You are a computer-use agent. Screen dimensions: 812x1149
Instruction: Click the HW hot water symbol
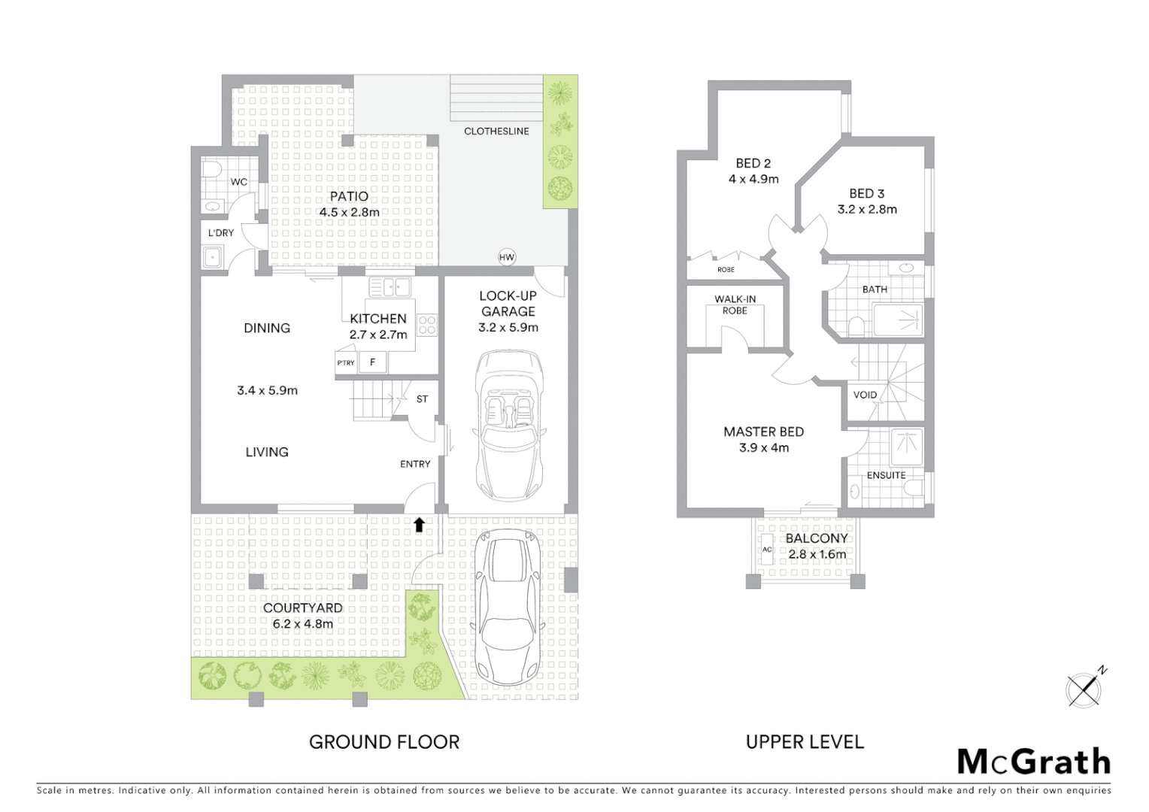(x=507, y=257)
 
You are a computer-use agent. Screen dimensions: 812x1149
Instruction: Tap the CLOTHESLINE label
(x=496, y=131)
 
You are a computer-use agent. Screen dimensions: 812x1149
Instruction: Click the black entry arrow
(x=419, y=524)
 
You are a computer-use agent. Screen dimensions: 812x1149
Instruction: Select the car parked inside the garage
(x=509, y=426)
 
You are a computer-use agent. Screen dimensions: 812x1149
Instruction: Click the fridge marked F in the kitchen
(x=372, y=362)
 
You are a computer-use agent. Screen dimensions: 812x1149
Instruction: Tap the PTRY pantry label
(x=346, y=363)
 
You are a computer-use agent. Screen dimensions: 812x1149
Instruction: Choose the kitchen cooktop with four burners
(x=427, y=325)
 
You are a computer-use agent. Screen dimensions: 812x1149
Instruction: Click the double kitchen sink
(x=390, y=286)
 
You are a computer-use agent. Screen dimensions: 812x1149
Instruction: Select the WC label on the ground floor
(x=238, y=182)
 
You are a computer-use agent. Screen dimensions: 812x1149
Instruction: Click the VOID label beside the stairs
(x=865, y=395)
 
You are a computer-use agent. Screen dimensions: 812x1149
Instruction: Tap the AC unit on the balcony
(x=767, y=550)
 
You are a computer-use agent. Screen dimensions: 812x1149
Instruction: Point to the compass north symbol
(x=1084, y=688)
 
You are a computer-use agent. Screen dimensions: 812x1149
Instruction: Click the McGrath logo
(x=1034, y=762)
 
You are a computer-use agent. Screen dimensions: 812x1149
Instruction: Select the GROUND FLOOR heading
(x=384, y=742)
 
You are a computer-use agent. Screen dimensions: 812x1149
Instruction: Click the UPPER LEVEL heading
(x=805, y=742)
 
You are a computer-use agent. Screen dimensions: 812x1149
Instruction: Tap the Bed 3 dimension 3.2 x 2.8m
(x=867, y=210)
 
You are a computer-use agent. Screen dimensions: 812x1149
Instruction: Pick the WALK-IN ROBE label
(x=735, y=304)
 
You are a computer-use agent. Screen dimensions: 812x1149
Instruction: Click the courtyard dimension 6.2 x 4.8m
(x=303, y=623)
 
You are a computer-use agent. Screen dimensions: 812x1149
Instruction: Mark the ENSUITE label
(x=886, y=475)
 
